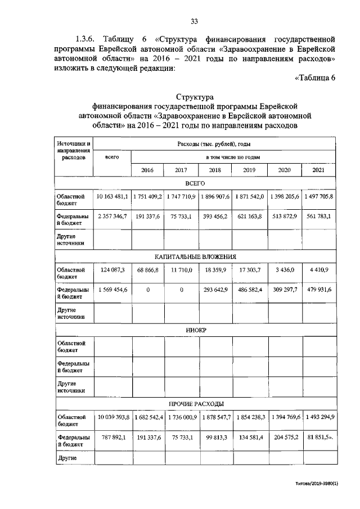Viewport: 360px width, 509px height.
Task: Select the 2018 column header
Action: pos(215,170)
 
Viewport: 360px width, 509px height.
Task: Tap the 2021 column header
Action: pos(318,170)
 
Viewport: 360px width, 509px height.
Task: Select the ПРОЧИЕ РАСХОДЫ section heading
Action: pos(196,404)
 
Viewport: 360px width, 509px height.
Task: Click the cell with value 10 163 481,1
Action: pos(112,197)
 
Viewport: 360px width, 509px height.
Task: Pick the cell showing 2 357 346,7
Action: pos(113,215)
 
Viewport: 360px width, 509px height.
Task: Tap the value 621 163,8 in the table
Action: pos(250,215)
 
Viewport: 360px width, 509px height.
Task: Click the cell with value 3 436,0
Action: pos(283,271)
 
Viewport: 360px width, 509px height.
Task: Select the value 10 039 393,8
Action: pos(112,417)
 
